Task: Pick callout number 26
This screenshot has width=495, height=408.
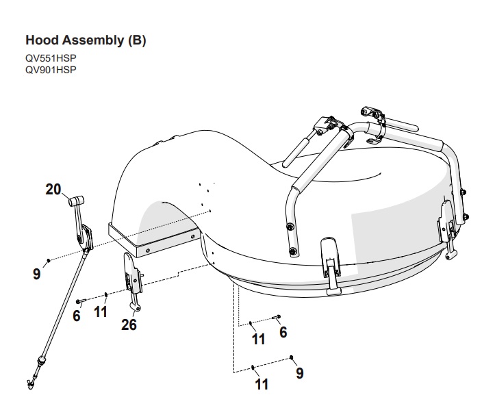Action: click(x=129, y=324)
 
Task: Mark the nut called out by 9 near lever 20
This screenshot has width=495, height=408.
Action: click(x=48, y=261)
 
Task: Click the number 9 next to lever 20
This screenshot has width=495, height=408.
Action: click(x=36, y=275)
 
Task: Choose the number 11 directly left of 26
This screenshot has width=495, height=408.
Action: click(x=101, y=313)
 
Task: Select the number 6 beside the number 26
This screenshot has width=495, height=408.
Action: click(x=77, y=316)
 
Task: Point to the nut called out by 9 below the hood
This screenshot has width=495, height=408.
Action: click(x=292, y=357)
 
